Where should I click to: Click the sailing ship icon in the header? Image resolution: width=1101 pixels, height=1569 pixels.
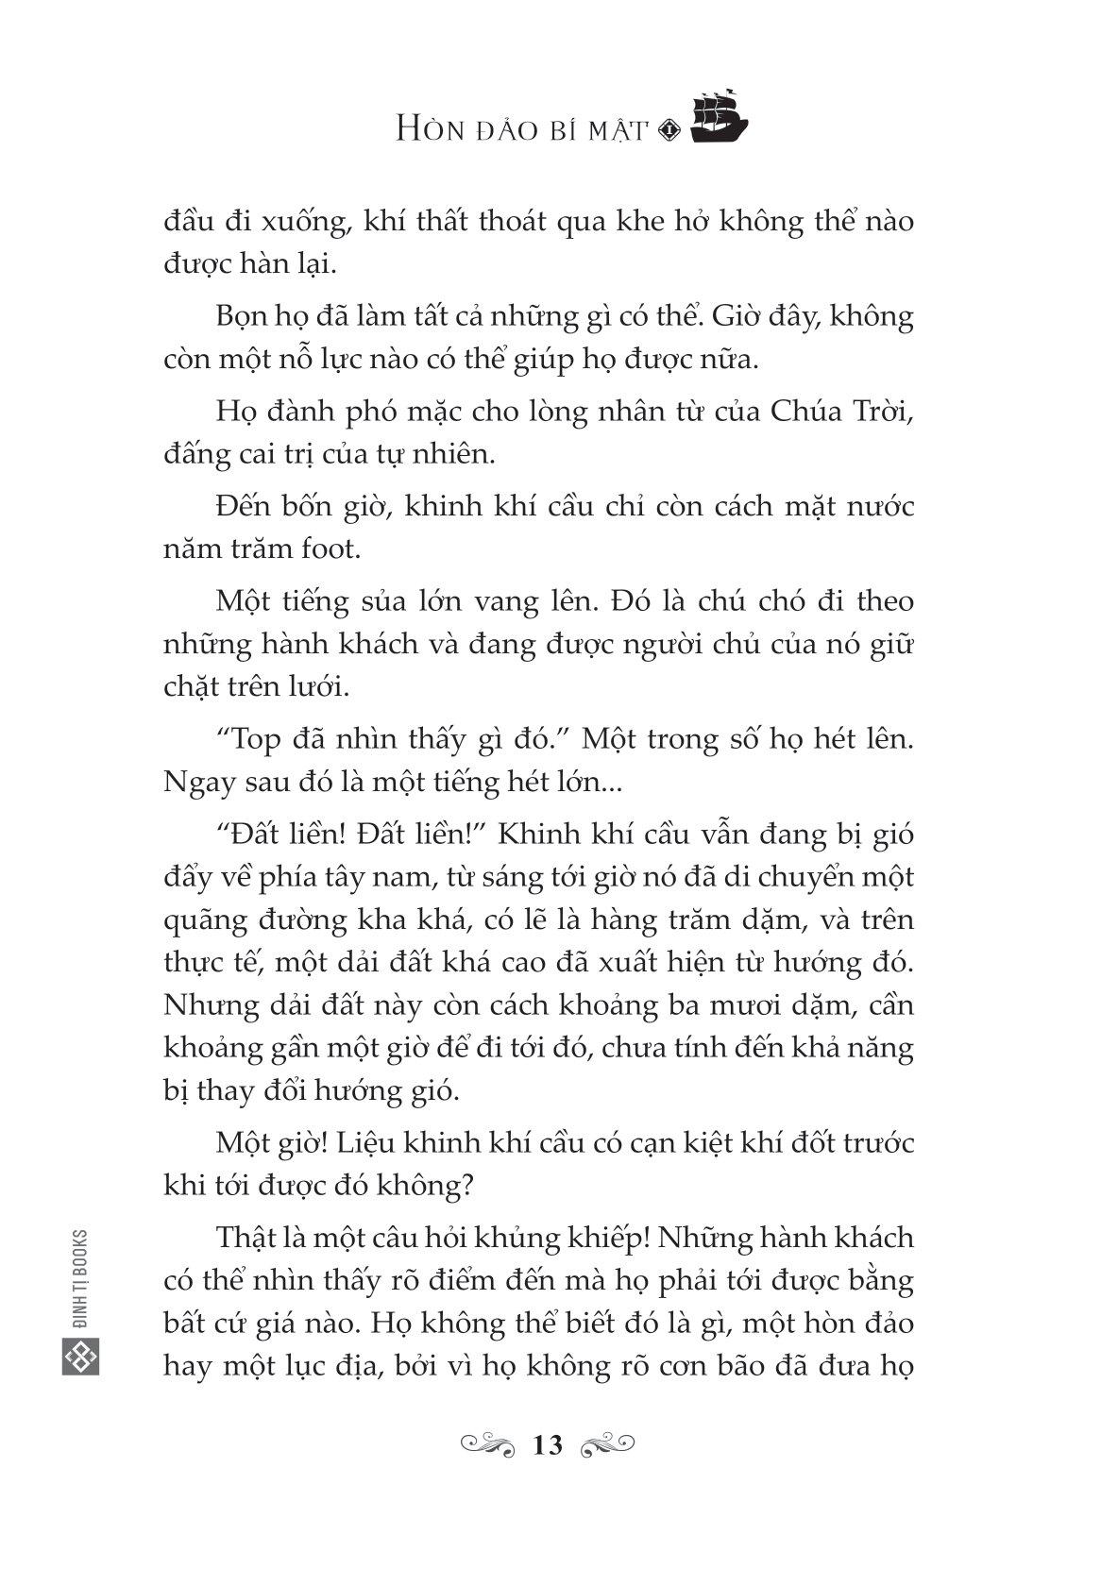(x=719, y=119)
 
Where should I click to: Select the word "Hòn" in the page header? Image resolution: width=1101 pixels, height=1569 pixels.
(x=432, y=130)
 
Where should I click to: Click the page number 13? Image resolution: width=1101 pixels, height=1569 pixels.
(x=548, y=1445)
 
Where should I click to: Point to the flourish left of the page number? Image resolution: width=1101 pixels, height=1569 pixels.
(x=488, y=1444)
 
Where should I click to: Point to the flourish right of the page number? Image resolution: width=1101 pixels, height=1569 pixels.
(x=607, y=1444)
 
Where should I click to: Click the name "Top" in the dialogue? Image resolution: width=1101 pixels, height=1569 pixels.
(x=251, y=740)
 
